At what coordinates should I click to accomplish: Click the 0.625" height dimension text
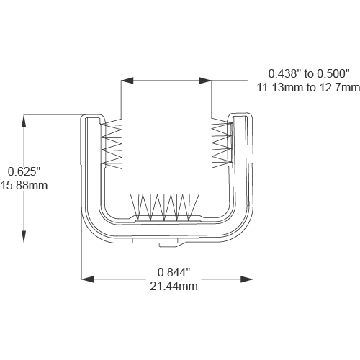(27, 171)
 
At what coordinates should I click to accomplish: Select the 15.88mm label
(27, 185)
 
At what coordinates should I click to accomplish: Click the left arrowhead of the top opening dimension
(125, 80)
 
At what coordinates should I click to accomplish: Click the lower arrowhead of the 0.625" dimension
(25, 239)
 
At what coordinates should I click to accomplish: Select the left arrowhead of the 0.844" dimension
(85, 277)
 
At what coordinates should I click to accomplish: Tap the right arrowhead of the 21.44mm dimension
(252, 277)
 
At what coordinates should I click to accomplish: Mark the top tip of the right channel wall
(240, 115)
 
